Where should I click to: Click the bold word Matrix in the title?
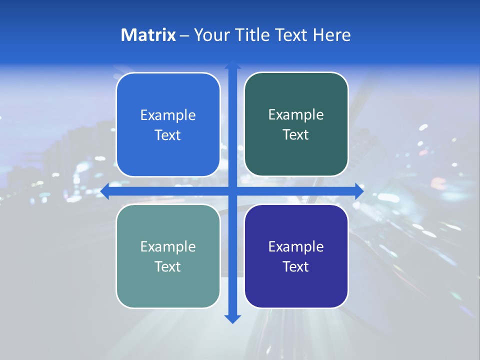pos(148,35)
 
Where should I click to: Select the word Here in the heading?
pos(331,35)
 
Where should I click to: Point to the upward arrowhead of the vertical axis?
pos(232,65)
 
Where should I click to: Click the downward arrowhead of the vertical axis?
pos(232,318)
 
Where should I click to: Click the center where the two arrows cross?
pos(232,191)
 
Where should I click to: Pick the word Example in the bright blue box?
pos(168,115)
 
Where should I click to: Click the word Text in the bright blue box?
pos(168,135)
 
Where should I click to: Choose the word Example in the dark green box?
pos(296,115)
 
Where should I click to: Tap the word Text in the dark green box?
pos(296,135)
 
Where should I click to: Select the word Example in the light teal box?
pos(168,247)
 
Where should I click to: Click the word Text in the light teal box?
pos(168,267)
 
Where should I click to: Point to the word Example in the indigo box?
pos(296,247)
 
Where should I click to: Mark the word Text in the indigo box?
pos(296,267)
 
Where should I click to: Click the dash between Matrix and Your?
pos(185,35)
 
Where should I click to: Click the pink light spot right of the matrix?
pos(438,181)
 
